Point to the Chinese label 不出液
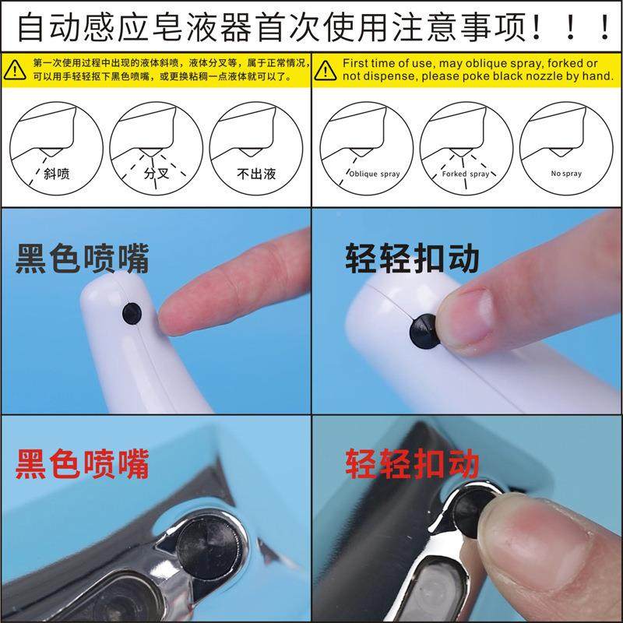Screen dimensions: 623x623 (x=258, y=174)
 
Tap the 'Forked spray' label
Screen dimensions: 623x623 (x=466, y=174)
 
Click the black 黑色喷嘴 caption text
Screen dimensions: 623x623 (x=82, y=259)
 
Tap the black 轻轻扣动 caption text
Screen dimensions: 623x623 (x=413, y=259)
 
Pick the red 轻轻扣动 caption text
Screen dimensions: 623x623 (x=413, y=464)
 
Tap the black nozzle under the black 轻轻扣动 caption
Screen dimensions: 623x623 (x=425, y=330)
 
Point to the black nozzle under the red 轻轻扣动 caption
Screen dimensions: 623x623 (x=469, y=510)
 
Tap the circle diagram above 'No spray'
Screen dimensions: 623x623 (x=567, y=143)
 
